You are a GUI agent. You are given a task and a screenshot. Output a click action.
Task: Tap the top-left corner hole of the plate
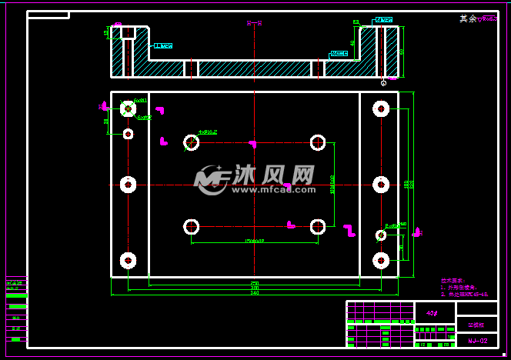128,109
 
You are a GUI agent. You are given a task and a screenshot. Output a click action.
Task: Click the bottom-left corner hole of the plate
128,260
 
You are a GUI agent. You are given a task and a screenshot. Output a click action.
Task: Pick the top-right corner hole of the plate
380,108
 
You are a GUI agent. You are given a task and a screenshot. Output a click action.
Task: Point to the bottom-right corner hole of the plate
380,260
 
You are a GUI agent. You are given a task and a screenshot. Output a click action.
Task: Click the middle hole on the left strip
128,185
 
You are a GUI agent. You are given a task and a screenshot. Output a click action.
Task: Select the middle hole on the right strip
380,185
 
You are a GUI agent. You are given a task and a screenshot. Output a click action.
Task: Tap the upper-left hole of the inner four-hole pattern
192,142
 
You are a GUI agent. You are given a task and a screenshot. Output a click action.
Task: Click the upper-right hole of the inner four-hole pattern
318,142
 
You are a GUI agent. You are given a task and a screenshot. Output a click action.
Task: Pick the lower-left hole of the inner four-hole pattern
192,226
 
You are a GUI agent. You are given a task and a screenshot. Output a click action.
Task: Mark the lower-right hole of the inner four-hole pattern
318,226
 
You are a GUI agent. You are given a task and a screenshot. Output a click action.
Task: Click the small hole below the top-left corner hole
128,134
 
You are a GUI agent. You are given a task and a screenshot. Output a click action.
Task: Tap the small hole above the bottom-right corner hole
380,235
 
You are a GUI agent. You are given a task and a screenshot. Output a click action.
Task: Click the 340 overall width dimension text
255,293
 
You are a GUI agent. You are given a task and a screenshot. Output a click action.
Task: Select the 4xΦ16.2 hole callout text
208,132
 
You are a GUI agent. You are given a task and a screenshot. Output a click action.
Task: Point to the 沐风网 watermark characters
274,175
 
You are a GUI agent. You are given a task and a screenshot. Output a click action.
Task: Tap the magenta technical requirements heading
451,282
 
